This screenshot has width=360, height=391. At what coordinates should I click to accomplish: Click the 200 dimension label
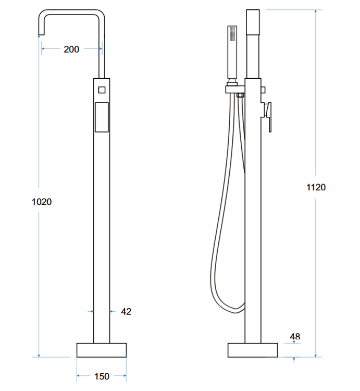tap(71, 49)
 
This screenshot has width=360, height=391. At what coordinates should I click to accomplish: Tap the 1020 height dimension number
tap(42, 202)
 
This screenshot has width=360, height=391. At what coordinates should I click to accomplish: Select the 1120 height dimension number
tap(316, 187)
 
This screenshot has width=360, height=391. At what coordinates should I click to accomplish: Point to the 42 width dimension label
tap(126, 311)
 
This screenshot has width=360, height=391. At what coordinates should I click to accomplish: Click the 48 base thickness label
tap(295, 337)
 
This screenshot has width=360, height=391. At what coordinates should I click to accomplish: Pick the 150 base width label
tap(102, 376)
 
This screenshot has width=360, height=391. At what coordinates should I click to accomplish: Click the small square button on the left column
tap(102, 90)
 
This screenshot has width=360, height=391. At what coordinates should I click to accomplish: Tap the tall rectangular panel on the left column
tap(102, 117)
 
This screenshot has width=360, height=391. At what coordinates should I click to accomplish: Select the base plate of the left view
tap(102, 350)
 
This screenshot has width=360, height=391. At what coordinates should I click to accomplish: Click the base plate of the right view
tap(253, 350)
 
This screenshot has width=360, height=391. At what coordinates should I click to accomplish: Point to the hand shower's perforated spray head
tap(232, 34)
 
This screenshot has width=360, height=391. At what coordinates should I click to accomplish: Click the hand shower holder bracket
tap(235, 90)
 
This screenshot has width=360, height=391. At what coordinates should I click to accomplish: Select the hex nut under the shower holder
tap(240, 95)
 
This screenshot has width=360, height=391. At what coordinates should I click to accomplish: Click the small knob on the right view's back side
tap(263, 90)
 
